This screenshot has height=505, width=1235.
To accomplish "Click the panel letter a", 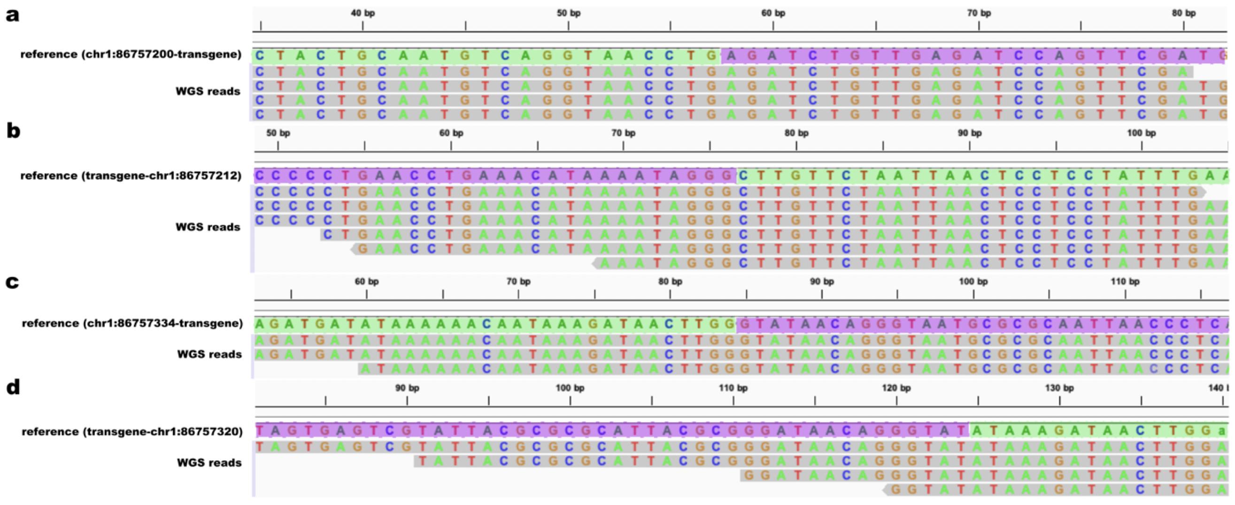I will [x=13, y=15].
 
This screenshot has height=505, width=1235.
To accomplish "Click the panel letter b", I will [x=14, y=130].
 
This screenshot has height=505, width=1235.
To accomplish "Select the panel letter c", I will [x=13, y=282].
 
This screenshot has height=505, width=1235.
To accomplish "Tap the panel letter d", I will [x=13, y=387].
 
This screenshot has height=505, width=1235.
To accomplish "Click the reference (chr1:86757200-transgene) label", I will [x=131, y=54].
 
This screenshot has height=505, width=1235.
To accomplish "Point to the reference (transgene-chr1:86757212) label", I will [x=131, y=176].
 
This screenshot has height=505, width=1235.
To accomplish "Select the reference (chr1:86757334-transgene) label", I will [x=132, y=323].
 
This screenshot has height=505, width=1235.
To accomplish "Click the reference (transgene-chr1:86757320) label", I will [x=132, y=432].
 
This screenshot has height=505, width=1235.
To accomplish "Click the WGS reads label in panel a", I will [x=208, y=91].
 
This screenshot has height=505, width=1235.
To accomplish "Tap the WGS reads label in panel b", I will [x=208, y=227].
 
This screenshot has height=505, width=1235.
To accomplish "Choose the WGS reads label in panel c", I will [x=209, y=354].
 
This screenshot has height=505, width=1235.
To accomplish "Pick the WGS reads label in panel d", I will [x=209, y=463].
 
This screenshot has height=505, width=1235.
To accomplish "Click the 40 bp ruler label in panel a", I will [x=363, y=14].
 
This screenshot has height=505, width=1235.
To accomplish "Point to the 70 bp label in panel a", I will [x=979, y=14].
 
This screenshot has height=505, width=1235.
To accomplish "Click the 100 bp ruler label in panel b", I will [x=1142, y=133].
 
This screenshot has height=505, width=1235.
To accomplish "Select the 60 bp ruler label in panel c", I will [x=367, y=282].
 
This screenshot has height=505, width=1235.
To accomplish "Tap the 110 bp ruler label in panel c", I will [x=1125, y=282].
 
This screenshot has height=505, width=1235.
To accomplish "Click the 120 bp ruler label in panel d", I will [x=896, y=388].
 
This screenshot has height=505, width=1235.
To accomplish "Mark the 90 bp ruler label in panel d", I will [x=407, y=388].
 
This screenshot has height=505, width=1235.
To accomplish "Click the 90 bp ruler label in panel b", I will [x=969, y=133].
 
